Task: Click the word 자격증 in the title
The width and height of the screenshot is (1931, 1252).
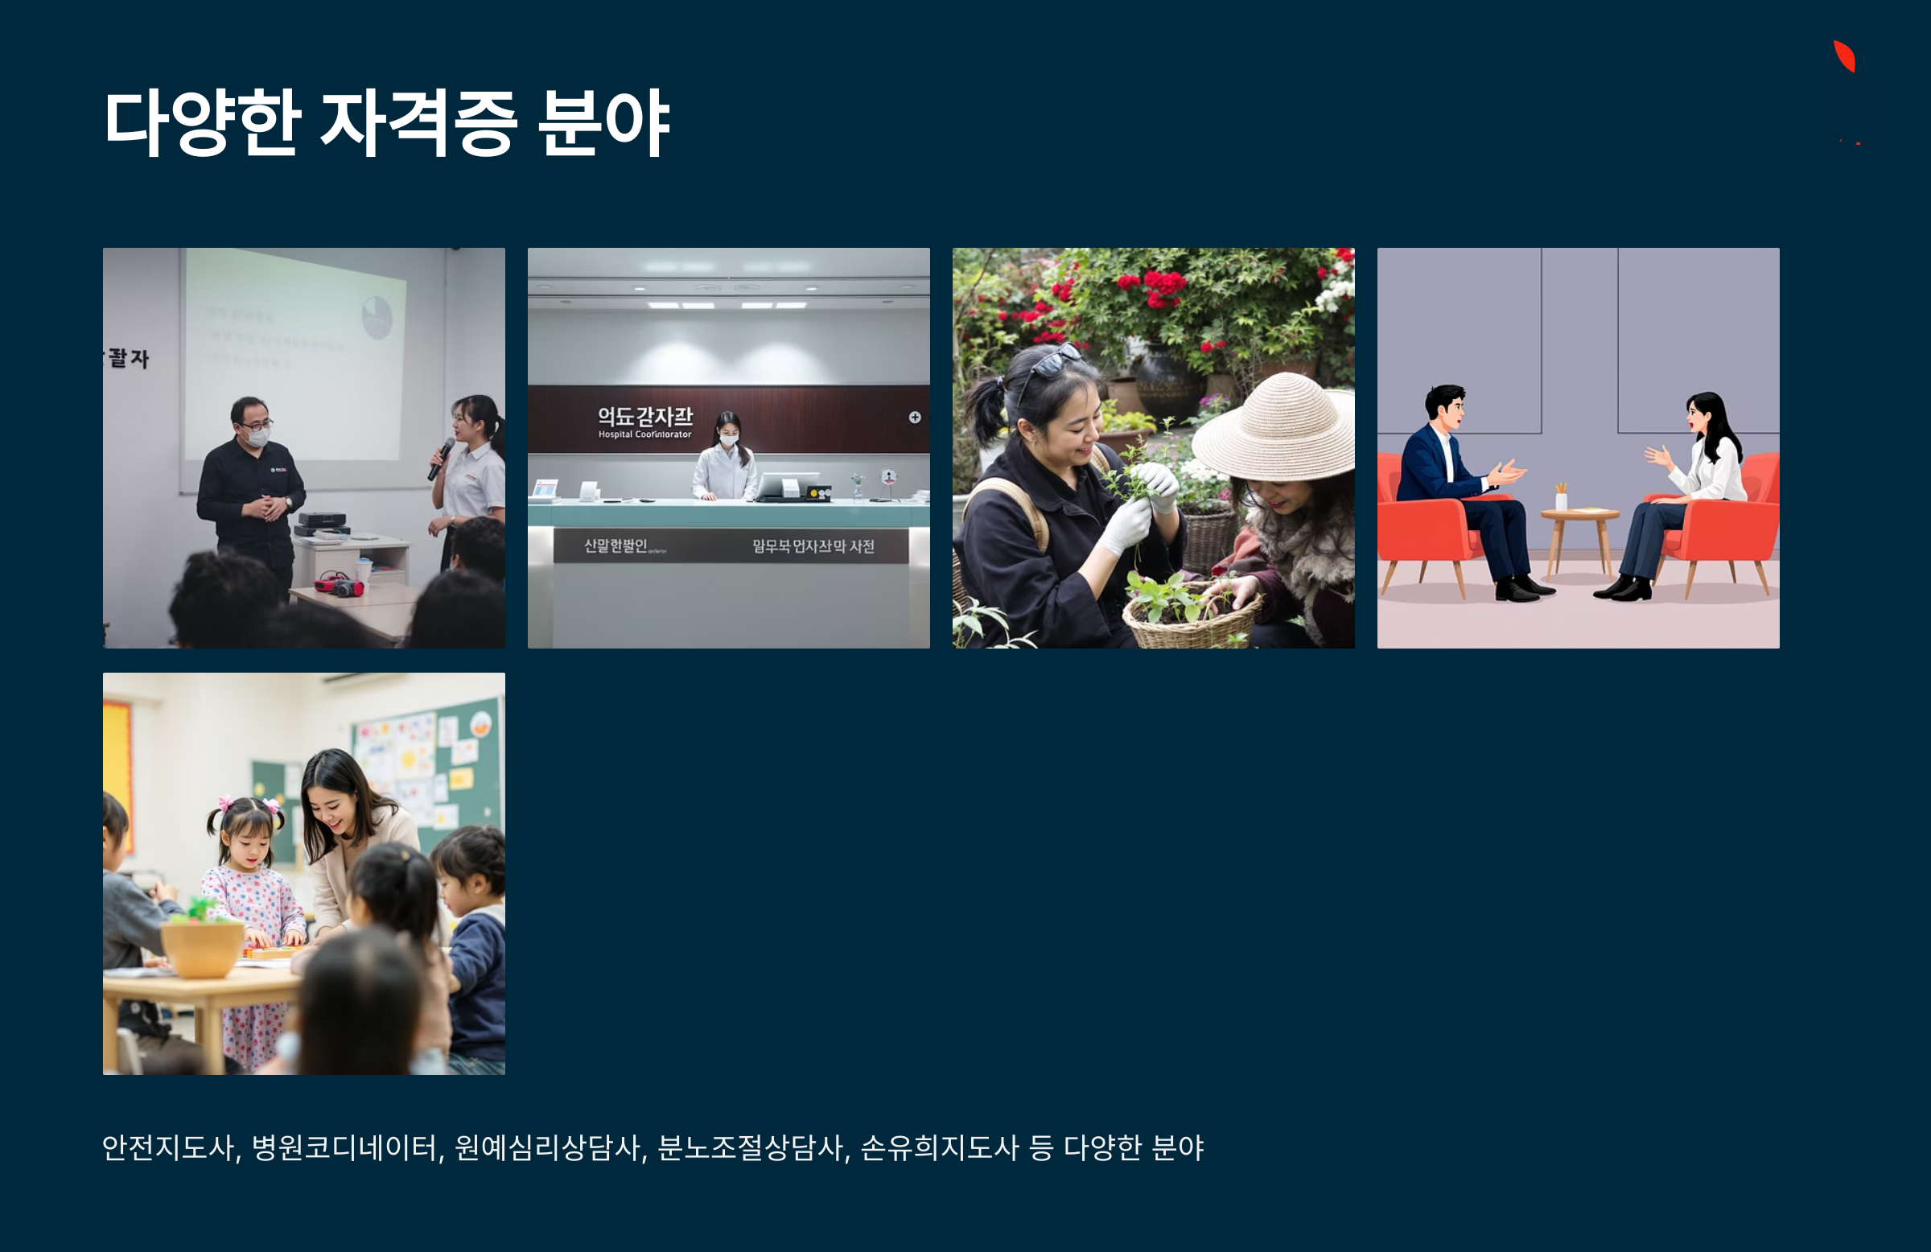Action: [418, 123]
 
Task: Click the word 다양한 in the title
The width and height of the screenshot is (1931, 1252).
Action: [203, 123]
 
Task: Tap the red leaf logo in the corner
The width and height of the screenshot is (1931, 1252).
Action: [1844, 56]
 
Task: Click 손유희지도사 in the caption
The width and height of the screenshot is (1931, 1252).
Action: [939, 1147]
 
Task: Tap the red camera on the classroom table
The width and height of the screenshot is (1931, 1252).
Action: [340, 583]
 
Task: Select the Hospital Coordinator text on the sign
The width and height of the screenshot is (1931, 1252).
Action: [645, 435]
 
